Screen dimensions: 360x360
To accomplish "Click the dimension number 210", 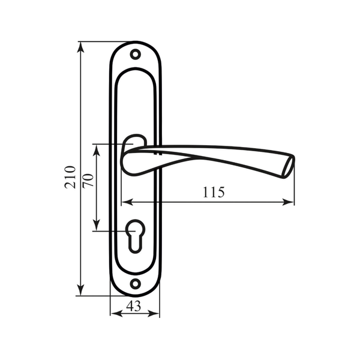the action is (70, 177).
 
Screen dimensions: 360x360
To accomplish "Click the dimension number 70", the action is (89, 181).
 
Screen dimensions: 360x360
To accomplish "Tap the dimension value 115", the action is (213, 192).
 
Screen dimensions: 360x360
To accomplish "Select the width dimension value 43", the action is (134, 306).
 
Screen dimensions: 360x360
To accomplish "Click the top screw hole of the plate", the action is (136, 55).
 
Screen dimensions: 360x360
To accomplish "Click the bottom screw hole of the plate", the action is (135, 284).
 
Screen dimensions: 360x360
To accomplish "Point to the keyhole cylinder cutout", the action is (135, 236).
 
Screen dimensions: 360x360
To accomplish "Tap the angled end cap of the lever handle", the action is (289, 167).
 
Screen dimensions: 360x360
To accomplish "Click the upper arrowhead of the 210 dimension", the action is (80, 49).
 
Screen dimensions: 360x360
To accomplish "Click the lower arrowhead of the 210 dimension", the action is (80, 290).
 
